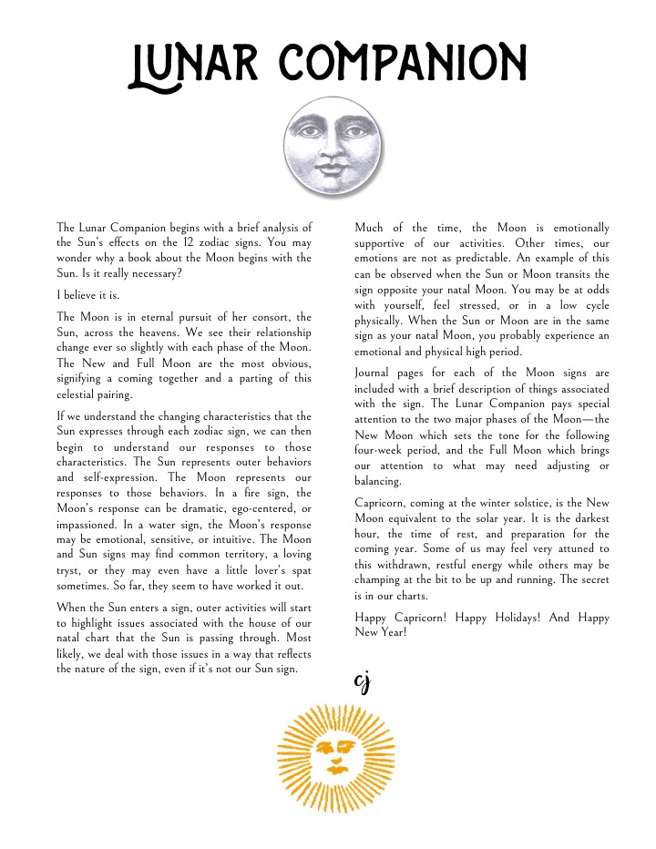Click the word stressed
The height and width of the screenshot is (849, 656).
tap(471, 305)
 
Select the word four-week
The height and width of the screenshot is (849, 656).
tap(384, 450)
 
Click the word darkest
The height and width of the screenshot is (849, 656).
tap(587, 518)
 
